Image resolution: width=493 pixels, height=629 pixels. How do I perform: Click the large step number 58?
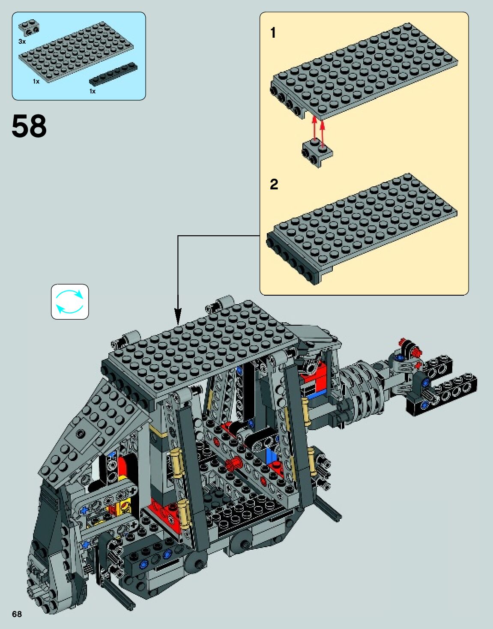click(x=29, y=126)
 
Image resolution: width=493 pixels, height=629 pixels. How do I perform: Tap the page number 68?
click(x=17, y=614)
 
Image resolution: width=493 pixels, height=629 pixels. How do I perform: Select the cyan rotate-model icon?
click(x=70, y=302)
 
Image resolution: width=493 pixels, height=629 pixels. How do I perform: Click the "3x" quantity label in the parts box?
click(x=22, y=42)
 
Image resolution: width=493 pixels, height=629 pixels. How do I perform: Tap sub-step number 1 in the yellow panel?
click(x=273, y=33)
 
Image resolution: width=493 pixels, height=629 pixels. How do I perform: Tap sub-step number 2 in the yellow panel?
click(x=274, y=184)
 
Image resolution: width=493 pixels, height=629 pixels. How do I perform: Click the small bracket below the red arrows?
click(x=317, y=153)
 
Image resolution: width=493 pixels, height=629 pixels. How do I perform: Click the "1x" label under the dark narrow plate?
click(x=93, y=91)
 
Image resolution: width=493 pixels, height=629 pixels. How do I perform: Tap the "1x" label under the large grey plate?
click(x=36, y=81)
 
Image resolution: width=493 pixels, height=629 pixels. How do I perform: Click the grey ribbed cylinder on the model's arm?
click(x=362, y=386)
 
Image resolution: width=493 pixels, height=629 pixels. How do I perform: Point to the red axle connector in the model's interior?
click(x=233, y=463)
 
